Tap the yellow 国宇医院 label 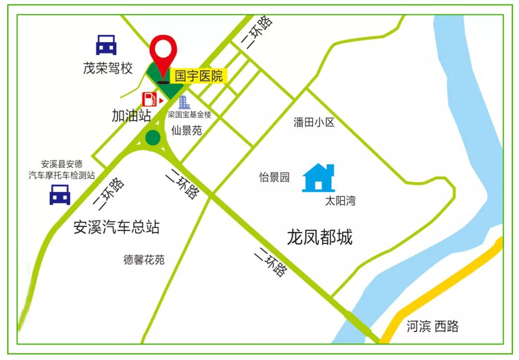pos(198,76)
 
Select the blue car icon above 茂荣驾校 pos(106,45)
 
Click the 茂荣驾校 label pos(108,68)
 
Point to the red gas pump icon pos(149,99)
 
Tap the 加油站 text pos(131,115)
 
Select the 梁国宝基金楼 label pos(189,115)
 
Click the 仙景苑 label pos(186,130)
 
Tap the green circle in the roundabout pos(153,137)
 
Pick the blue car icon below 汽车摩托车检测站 pos(60,195)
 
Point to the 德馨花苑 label pos(144,260)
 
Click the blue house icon pos(318,178)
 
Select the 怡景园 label pos(274,177)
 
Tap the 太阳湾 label pos(340,201)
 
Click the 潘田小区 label pos(314,123)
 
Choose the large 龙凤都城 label pos(320,237)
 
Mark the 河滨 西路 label pos(432,327)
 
